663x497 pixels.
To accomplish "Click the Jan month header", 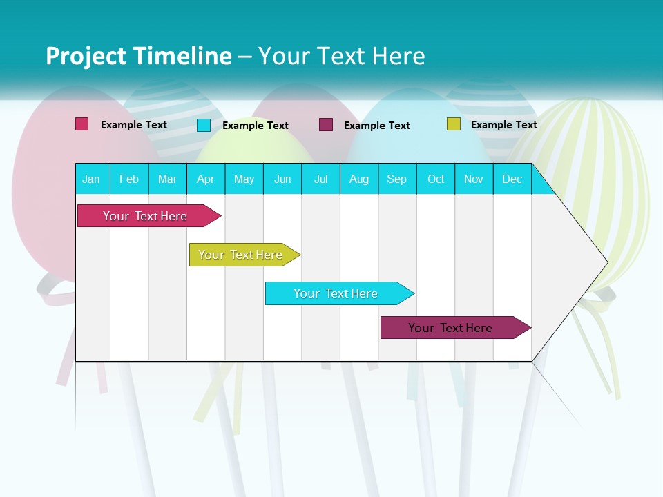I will coord(92,179).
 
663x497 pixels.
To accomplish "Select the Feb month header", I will coord(129,179).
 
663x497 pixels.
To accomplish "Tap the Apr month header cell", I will coord(206,179).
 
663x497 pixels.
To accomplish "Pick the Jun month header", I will coord(282,179).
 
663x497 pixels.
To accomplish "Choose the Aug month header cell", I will coord(359,179).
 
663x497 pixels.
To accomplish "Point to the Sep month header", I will coord(397,179).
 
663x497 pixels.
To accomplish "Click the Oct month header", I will coord(436,179).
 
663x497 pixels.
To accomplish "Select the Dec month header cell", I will coord(512,179).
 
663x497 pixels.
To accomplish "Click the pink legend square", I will coord(82,124).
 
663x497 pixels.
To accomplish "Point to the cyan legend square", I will coord(204,125).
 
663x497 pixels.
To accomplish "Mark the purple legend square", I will coord(326,125).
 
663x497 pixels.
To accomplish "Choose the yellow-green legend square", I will coord(453,124).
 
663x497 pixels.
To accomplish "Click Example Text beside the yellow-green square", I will coord(503,125).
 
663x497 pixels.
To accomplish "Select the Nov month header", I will coord(474,179).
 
